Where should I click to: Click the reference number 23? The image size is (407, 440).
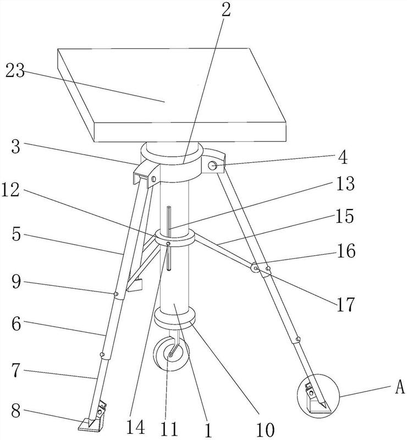click(x=15, y=71)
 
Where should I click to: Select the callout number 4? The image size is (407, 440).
click(x=343, y=158)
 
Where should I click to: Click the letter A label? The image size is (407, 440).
click(x=400, y=388)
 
